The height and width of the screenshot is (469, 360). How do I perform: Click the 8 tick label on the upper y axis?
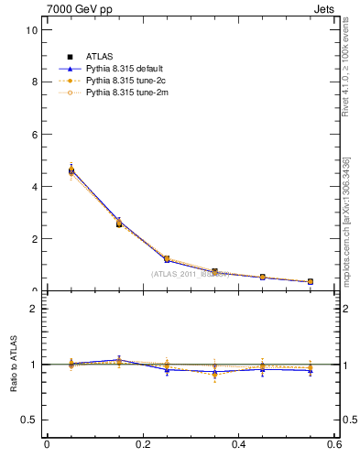point(33,82)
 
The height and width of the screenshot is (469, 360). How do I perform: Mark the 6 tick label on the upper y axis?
point(33,134)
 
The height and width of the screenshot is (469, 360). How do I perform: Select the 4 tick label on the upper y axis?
point(33,186)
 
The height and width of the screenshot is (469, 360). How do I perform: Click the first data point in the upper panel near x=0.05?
point(71,170)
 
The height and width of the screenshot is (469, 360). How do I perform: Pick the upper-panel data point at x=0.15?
point(119,223)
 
